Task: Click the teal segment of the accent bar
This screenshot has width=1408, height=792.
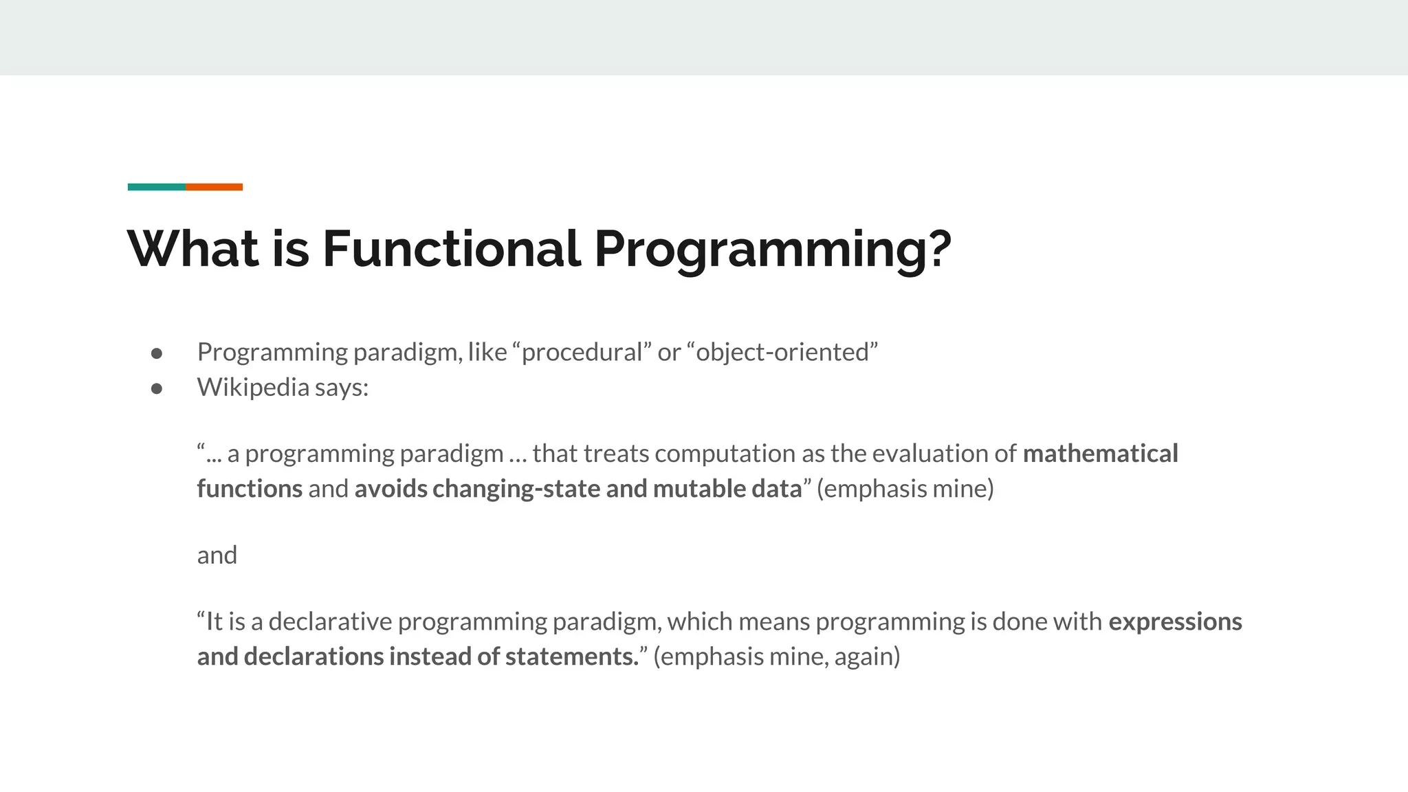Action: [x=156, y=187]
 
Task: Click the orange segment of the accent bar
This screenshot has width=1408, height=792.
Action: [x=214, y=187]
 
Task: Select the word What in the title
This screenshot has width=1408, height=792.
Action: [x=192, y=248]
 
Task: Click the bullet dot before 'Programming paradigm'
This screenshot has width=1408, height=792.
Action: [x=157, y=353]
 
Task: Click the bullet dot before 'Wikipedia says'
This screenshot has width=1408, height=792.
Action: [x=157, y=388]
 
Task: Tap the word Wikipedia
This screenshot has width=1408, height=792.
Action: [x=253, y=387]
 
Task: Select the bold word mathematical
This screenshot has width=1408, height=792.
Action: [x=1100, y=454]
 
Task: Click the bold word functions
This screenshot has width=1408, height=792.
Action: [x=250, y=489]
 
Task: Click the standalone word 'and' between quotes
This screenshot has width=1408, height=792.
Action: [x=217, y=555]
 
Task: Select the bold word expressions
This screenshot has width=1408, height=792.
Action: [x=1175, y=621]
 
